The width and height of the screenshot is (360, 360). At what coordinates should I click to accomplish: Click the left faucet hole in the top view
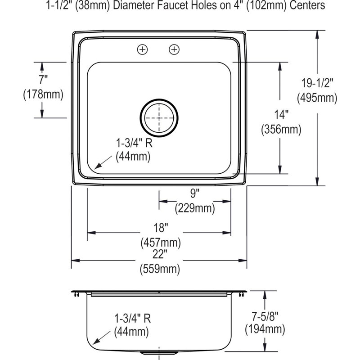click(142, 49)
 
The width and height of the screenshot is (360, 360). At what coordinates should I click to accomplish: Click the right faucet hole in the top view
click(174, 49)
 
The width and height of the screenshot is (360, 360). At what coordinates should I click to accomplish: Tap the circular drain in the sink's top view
click(159, 118)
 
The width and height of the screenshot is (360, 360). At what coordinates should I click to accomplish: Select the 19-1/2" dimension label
click(317, 83)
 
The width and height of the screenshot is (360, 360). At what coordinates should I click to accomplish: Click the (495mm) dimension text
click(317, 98)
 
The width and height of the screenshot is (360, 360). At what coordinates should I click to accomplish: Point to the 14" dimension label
click(281, 114)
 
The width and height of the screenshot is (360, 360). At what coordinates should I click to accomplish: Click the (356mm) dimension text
click(281, 129)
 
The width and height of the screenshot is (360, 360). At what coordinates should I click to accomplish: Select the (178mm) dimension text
click(43, 94)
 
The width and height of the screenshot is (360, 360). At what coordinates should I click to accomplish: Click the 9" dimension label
click(195, 193)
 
